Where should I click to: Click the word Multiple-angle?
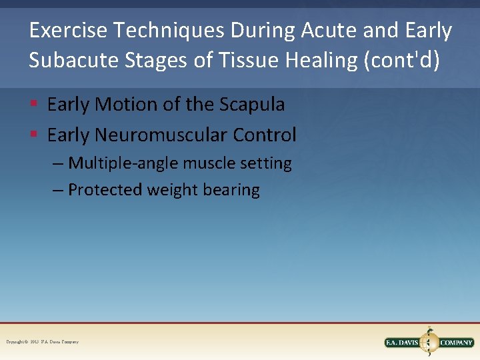117,163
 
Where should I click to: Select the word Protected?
105,190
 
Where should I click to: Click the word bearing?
232,190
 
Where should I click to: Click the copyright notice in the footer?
42,342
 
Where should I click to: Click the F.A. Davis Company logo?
429,342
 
